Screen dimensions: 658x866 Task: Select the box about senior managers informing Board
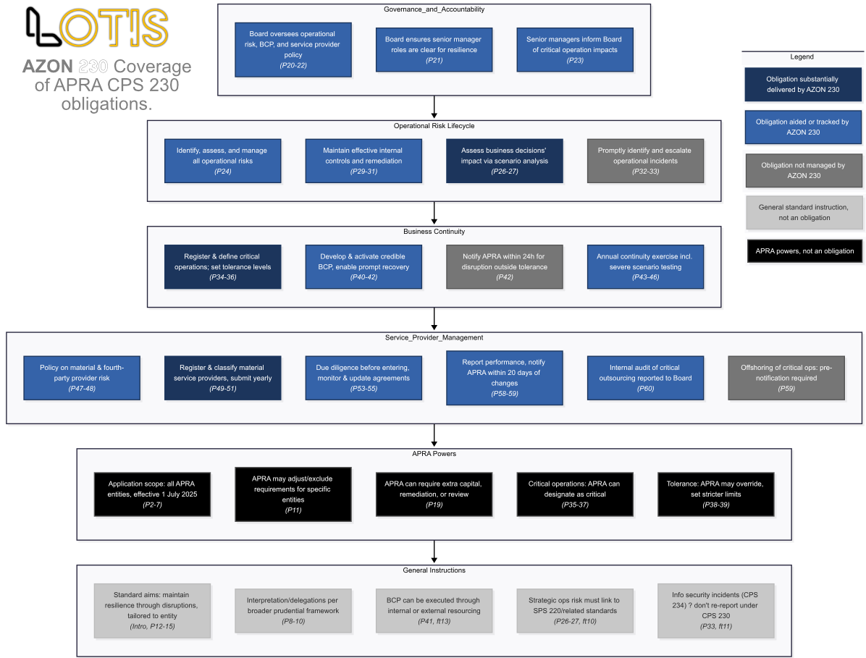pos(574,50)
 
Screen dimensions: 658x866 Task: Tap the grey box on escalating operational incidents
pos(644,161)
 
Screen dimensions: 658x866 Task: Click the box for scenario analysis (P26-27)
pos(504,161)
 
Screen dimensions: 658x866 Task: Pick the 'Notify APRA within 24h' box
pos(504,266)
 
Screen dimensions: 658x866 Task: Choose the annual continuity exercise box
pos(644,266)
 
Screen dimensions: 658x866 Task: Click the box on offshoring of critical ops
pos(786,377)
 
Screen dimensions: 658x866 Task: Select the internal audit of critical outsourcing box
pos(644,377)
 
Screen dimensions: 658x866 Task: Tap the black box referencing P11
pos(293,494)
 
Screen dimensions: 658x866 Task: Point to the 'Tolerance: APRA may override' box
pos(715,494)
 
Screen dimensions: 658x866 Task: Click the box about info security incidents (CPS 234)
pos(715,610)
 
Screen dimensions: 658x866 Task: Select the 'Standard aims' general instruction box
pos(152,610)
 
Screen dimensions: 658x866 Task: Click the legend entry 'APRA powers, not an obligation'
pos(804,251)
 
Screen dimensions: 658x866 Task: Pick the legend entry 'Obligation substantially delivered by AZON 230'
pos(804,85)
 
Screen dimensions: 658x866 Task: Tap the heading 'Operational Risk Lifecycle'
pos(434,126)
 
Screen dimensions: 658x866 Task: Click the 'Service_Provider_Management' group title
pos(434,337)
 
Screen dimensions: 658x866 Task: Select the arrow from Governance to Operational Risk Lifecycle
pos(434,107)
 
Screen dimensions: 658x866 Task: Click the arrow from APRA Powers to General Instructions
pos(434,552)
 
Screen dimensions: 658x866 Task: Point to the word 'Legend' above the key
pos(802,56)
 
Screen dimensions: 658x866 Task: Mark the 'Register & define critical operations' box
pos(222,266)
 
